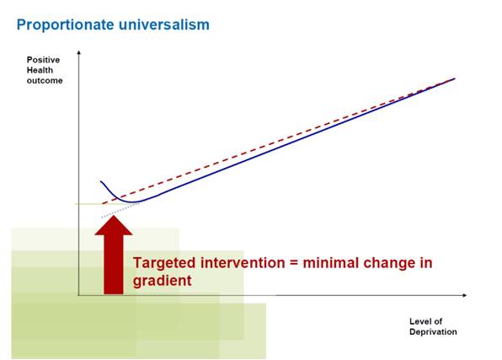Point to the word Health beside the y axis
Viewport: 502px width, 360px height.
pos(39,70)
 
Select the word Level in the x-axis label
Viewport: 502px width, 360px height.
pos(419,321)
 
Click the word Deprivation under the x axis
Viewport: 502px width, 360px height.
pos(433,331)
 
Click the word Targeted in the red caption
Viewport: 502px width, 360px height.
pos(163,263)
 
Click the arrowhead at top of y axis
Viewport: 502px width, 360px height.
pos(78,51)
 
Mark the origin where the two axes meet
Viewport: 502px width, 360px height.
pos(78,296)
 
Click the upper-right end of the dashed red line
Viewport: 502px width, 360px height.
pos(454,78)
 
